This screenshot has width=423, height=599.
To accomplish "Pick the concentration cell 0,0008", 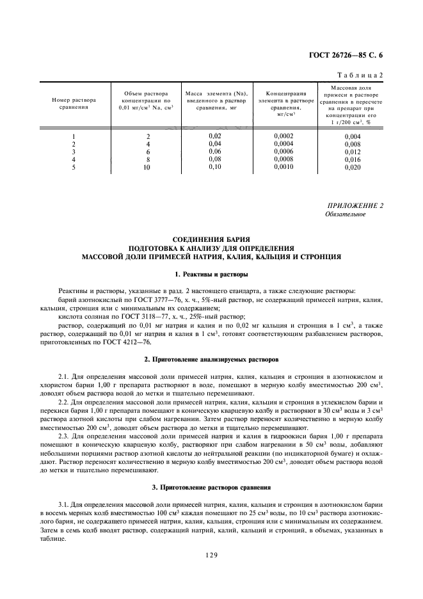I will click(285, 159).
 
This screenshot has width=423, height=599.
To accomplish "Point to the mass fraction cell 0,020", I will click(353, 167).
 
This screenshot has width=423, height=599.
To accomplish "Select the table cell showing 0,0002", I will click(285, 136).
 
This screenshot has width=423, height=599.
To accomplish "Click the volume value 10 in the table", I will click(147, 167).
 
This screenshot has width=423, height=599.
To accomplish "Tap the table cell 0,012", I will click(353, 152).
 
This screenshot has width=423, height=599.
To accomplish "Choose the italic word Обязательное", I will click(346, 214).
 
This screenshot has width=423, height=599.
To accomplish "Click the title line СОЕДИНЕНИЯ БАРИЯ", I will click(211, 239).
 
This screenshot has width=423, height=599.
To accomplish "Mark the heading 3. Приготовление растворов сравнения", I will click(211, 488).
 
